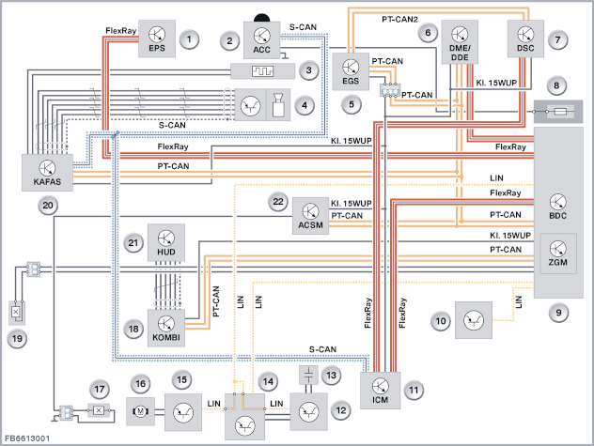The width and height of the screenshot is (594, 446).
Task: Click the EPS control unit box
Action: [x=157, y=38]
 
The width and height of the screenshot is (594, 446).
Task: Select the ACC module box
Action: [x=262, y=40]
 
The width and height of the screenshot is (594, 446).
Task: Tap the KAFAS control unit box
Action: [x=47, y=172]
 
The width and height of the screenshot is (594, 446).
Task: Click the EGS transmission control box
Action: [x=351, y=71]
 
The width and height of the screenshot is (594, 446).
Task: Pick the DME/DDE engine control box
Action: [x=460, y=42]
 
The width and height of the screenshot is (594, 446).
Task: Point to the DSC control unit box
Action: [x=525, y=38]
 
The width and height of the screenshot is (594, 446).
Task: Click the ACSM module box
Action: [x=311, y=216]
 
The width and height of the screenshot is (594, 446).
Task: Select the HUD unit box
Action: [x=166, y=242]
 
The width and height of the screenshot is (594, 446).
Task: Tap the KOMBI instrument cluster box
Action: [x=166, y=328]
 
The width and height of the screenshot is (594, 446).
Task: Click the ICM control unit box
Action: [x=380, y=391]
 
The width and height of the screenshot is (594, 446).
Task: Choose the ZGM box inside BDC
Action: [x=558, y=254]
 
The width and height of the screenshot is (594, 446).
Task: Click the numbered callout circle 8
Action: [x=556, y=85]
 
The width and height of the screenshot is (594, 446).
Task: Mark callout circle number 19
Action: [x=17, y=338]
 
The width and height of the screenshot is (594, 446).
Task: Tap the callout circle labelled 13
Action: [x=332, y=376]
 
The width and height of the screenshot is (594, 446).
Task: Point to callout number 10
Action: [x=441, y=321]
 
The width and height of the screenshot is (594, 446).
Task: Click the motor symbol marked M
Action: [x=141, y=411]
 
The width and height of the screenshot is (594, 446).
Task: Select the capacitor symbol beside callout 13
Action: [x=308, y=376]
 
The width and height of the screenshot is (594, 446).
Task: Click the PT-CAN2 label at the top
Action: [x=399, y=19]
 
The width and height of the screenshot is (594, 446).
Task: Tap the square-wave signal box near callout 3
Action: [x=262, y=71]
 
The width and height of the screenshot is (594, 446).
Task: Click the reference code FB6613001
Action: [x=27, y=438]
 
